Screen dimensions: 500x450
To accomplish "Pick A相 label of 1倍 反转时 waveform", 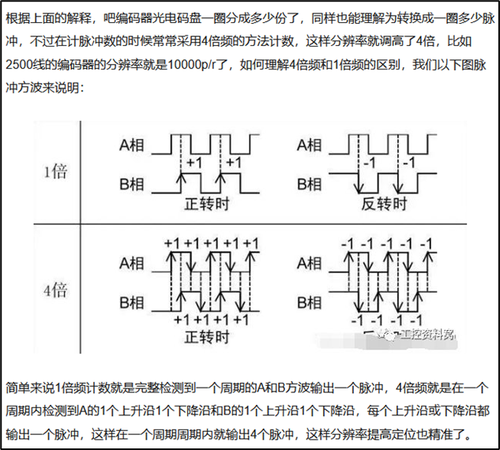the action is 310,144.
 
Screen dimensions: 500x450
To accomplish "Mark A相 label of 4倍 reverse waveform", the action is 310,262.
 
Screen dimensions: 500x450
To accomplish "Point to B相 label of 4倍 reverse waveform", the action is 310,302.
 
